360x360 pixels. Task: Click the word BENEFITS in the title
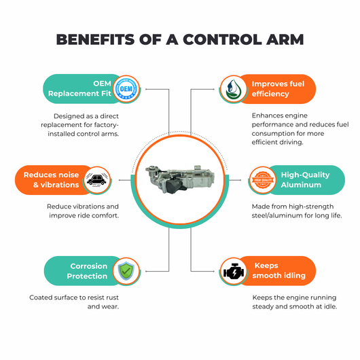95,39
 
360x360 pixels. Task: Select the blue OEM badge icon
126,88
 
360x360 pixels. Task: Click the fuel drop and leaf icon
233,89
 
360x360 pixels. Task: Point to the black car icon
97,180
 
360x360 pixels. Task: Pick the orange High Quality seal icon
263,180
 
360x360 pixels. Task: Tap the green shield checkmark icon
126,271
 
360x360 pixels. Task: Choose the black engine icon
234,271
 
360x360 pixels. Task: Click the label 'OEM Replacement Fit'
79,88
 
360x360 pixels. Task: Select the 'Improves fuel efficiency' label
278,89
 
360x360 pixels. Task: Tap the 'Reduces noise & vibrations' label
51,180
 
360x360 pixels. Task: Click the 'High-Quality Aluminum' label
305,180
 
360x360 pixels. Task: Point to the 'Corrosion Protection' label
87,271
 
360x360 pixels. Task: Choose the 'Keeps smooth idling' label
278,270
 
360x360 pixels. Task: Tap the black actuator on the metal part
175,186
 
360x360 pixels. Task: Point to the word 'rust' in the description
111,298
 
